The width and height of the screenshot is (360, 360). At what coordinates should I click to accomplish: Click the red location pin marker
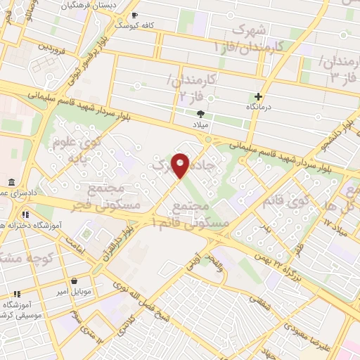click(181, 165)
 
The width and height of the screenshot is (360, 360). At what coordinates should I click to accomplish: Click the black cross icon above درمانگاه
click(259, 96)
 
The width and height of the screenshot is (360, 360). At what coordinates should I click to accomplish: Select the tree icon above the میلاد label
click(201, 113)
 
